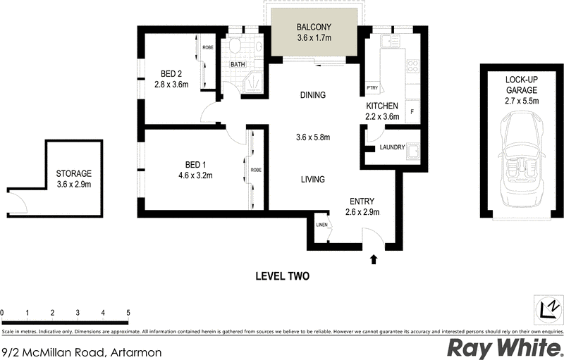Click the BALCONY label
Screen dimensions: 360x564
coord(313,28)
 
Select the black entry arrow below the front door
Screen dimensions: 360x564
coord(374,260)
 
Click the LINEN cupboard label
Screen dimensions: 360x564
coord(322,225)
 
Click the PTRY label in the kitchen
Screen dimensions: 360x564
coord(372,88)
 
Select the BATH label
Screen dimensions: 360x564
coord(238,66)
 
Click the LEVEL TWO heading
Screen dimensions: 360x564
coord(282,276)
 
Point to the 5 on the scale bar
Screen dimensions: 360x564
coord(128,312)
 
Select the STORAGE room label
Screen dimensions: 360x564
coord(74,173)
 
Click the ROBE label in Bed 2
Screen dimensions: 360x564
coord(208,48)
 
